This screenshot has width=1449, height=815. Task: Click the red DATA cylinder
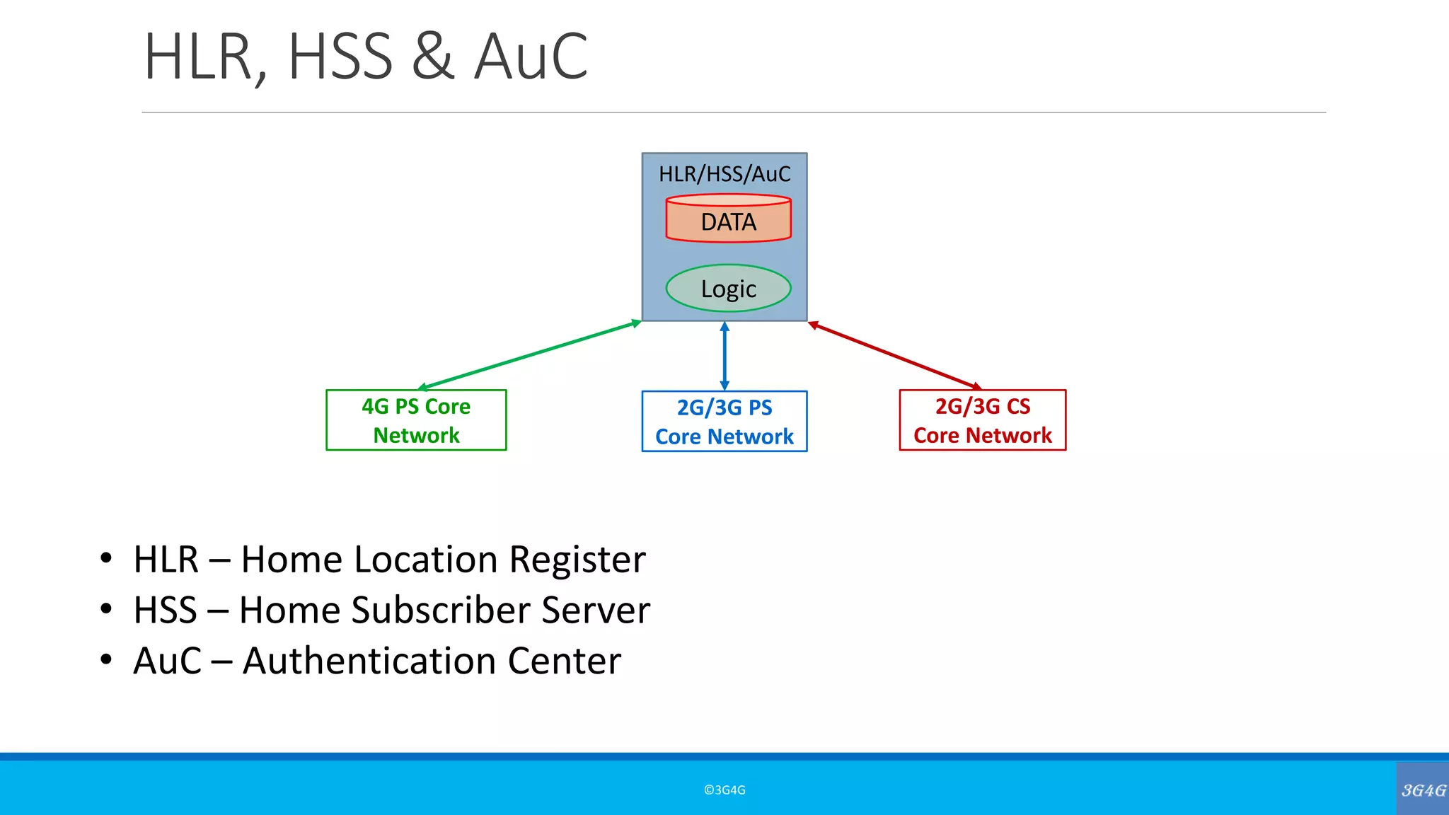[x=728, y=220]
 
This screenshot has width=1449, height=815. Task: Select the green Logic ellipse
[x=728, y=288]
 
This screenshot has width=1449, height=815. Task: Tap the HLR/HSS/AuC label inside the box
[x=724, y=174]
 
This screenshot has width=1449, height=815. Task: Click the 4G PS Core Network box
[x=416, y=420]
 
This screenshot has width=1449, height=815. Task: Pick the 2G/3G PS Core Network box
[x=724, y=422]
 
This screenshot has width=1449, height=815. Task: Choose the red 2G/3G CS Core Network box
[x=982, y=420]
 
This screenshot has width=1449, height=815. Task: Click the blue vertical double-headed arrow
[x=724, y=356]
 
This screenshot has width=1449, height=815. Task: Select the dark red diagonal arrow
[x=895, y=356]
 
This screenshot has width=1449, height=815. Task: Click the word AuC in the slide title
[x=531, y=57]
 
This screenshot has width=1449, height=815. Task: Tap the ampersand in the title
[x=432, y=57]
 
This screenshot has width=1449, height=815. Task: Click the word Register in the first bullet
[x=577, y=560]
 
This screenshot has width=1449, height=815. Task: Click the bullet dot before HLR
[x=106, y=558]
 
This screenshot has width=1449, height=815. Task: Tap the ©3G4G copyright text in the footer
[x=724, y=790]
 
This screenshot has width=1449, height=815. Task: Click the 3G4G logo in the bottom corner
[x=1423, y=790]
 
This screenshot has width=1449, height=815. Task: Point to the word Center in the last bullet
[x=564, y=661]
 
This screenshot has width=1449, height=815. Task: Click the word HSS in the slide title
[x=340, y=57]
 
